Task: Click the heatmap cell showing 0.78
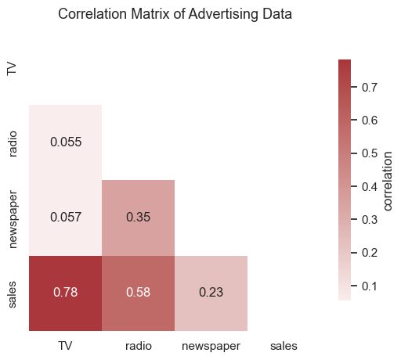tap(65, 293)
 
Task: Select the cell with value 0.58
tap(138, 293)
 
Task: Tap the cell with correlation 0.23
tap(211, 293)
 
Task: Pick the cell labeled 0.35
tap(138, 218)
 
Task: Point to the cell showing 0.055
tap(65, 142)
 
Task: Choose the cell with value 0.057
tap(65, 218)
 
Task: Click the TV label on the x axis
tap(65, 344)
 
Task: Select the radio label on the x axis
tap(138, 344)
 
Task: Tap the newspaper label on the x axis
tap(211, 344)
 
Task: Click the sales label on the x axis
tap(284, 344)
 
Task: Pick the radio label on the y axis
tap(12, 142)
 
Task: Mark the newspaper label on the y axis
tap(12, 218)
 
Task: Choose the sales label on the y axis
tap(12, 293)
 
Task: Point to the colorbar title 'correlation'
tap(388, 180)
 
